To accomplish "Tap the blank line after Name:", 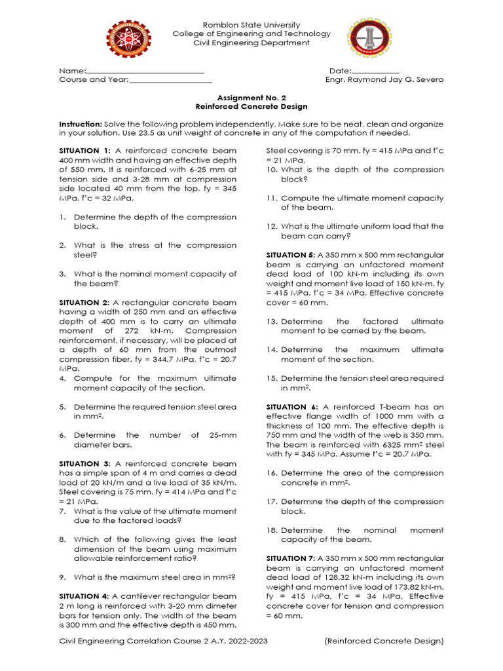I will pos(145,71).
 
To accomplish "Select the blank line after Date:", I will pos(375,71).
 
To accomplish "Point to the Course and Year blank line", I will pos(170,81).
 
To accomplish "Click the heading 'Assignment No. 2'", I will pos(251,97).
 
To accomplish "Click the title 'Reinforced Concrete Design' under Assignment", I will pos(251,106).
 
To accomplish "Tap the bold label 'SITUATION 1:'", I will pos(85,151).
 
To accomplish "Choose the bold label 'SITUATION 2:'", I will pos(84,303).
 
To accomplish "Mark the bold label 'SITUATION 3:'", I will pos(84,464).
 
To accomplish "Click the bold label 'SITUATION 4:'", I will pos(84,596).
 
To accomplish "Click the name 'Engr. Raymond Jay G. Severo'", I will pos(384,80).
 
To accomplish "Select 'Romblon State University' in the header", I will pos(251,24).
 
